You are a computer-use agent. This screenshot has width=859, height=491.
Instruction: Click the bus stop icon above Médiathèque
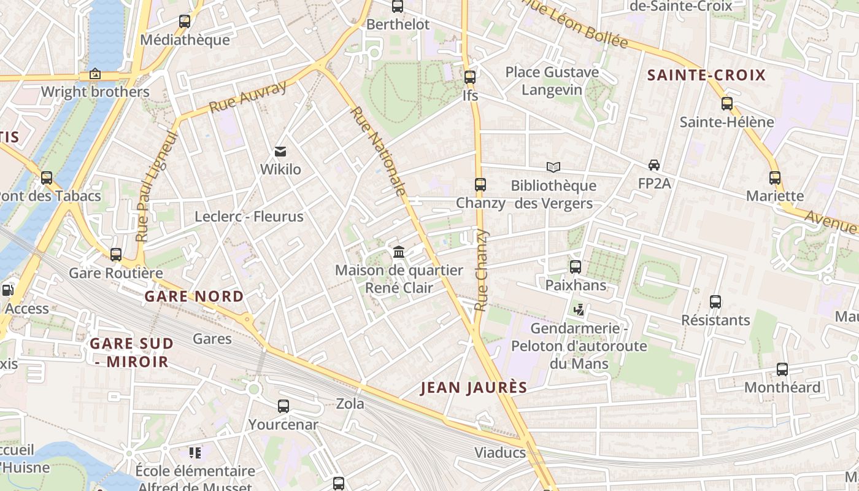click(x=185, y=21)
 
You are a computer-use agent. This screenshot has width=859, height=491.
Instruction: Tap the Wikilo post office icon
click(x=280, y=151)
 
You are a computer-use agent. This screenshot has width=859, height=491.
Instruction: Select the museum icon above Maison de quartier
click(x=399, y=252)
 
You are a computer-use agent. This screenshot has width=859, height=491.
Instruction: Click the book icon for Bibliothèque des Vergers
click(x=553, y=167)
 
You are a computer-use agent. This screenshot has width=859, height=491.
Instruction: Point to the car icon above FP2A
click(x=654, y=165)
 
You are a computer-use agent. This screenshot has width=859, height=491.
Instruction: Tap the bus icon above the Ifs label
click(x=470, y=77)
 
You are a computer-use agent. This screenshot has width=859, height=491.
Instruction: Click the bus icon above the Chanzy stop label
click(x=480, y=184)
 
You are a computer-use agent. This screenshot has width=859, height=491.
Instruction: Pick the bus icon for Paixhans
click(x=576, y=267)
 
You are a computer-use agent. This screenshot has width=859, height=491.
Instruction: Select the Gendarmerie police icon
click(x=579, y=310)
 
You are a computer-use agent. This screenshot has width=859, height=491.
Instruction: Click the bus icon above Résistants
click(x=715, y=302)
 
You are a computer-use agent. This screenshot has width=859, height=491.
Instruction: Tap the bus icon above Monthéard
click(x=782, y=369)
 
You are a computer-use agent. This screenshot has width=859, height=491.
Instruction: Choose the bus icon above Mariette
click(x=775, y=178)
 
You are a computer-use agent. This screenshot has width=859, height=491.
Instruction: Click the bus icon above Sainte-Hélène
click(x=727, y=103)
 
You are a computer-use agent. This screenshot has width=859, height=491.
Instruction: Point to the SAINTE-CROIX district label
click(x=707, y=75)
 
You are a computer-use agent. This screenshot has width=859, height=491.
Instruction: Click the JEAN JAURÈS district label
click(x=474, y=387)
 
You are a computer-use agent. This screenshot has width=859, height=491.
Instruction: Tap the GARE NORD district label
click(x=194, y=296)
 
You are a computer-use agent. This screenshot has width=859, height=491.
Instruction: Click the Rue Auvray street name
click(x=248, y=97)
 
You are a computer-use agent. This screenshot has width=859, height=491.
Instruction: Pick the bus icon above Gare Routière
click(x=116, y=255)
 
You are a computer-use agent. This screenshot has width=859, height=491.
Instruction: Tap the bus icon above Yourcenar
click(x=283, y=406)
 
